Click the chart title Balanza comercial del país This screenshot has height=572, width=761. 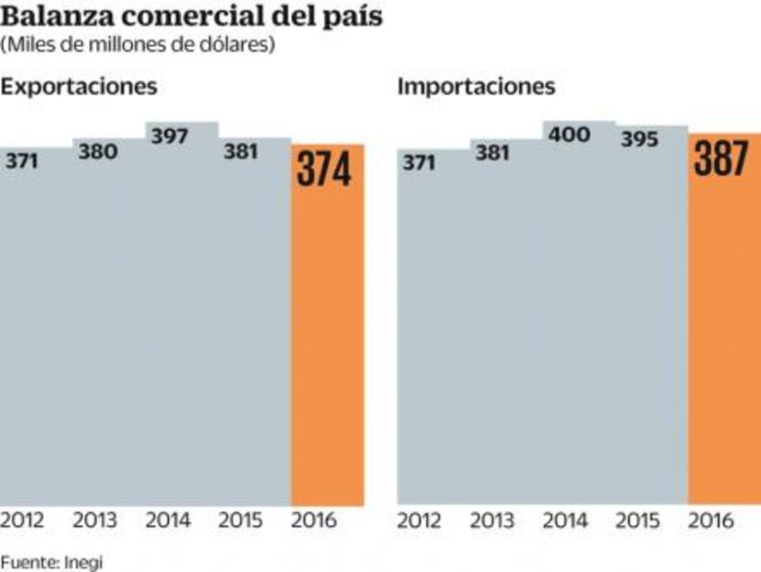tap(191, 17)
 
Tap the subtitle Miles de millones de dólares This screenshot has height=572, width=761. tap(138, 44)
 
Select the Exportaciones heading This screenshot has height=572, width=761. tap(79, 88)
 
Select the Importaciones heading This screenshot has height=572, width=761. tap(477, 88)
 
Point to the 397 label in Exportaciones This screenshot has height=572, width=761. tap(169, 137)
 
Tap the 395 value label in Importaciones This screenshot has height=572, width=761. tap(639, 139)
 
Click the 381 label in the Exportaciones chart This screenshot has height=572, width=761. tap(240, 152)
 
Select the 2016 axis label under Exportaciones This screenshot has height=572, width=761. tap(314, 520)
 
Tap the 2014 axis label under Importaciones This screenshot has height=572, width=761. tap(566, 520)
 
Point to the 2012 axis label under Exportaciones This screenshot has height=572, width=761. tap(22, 520)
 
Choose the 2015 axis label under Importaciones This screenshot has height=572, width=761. tap(638, 520)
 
